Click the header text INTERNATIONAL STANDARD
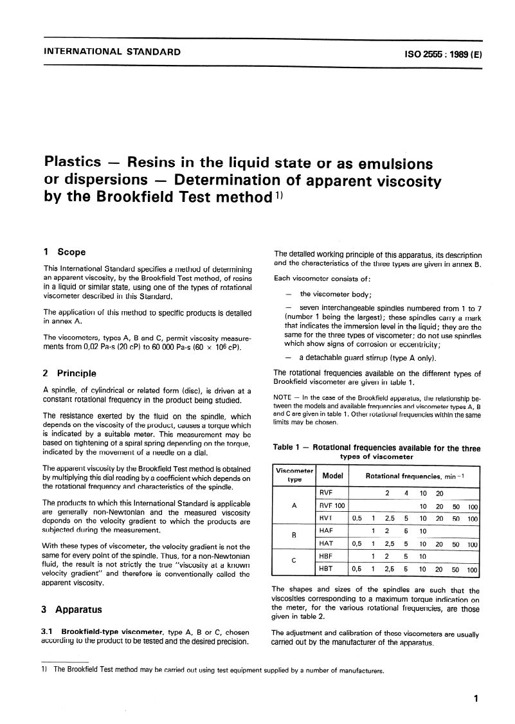[x=111, y=52]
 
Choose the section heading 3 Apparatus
[x=72, y=609]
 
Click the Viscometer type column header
[x=294, y=475]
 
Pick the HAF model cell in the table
[x=326, y=530]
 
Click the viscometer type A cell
[x=294, y=505]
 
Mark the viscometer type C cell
[x=294, y=562]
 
